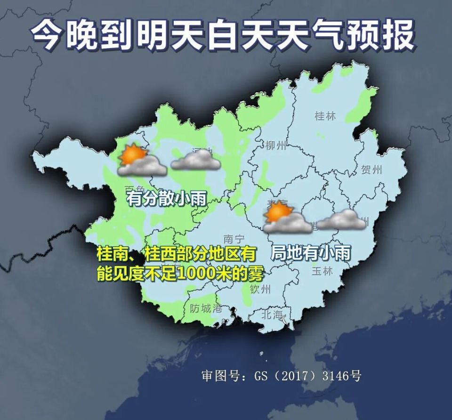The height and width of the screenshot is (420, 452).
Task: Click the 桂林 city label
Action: (325, 115)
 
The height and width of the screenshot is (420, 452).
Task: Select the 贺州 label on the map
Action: (371, 170)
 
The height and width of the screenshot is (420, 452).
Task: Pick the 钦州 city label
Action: (260, 288)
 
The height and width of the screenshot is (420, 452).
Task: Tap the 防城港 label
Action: (206, 309)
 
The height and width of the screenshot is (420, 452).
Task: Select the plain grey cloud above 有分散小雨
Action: (196, 160)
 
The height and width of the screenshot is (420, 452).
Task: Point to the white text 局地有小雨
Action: (311, 254)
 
